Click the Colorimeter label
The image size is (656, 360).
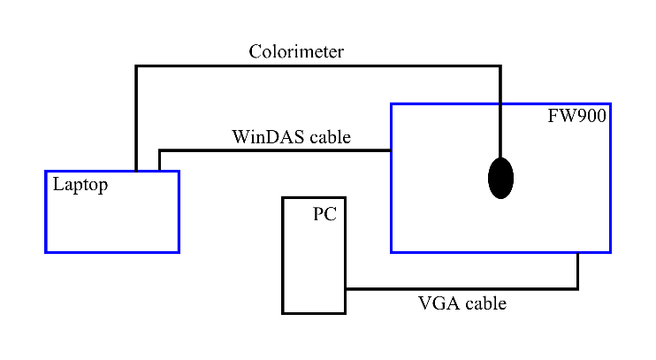pos(295,51)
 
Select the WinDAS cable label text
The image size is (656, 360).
pos(291,137)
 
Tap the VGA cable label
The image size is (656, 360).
pos(461,303)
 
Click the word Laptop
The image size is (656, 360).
pos(80,185)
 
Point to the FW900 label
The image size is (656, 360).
pos(577,116)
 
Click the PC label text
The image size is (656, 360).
pos(324,214)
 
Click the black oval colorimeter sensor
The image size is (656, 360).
pos(500,178)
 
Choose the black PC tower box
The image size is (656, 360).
pos(313,265)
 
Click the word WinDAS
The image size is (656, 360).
pos(265,137)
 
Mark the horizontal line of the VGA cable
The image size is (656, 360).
pos(460,288)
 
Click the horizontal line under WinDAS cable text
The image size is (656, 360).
pos(274,150)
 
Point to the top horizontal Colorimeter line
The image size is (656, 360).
pos(318,66)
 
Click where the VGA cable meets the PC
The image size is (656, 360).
pos(346,288)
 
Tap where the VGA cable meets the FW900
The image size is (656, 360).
pos(577,254)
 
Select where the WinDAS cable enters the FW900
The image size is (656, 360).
pos(391,150)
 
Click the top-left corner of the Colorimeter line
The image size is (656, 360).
pos(136,66)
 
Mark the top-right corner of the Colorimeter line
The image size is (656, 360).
pos(500,66)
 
